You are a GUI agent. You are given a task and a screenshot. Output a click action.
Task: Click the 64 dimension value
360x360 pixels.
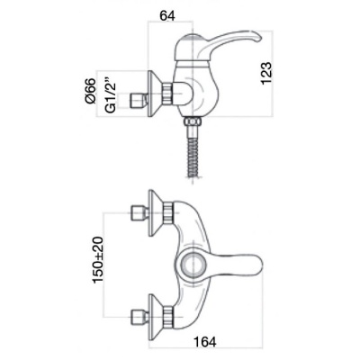click(167, 15)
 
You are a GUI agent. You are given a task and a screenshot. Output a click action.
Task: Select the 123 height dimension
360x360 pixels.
click(266, 74)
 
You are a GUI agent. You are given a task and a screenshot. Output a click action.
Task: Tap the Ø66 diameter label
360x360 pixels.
click(90, 91)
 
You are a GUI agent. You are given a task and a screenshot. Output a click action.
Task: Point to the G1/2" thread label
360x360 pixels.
click(111, 96)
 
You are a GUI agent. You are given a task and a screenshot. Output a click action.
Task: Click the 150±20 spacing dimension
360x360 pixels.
click(98, 260)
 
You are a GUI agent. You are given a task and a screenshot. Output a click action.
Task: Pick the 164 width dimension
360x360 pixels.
click(205, 341)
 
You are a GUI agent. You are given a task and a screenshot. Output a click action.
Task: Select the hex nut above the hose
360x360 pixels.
click(193, 122)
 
